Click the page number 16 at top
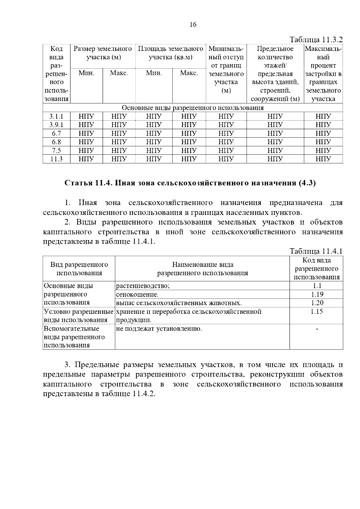(193, 25)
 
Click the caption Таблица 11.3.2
(316, 40)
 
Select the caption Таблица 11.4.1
(316, 251)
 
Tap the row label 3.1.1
(56, 117)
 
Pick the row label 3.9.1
(56, 125)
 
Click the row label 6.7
(56, 133)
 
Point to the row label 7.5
(56, 150)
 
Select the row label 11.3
(56, 159)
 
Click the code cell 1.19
(316, 294)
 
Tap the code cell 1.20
(316, 303)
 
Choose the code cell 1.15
(316, 311)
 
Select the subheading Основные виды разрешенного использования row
(193, 108)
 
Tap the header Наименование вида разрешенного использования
(202, 269)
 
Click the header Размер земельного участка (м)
(103, 53)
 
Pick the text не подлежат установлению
(159, 329)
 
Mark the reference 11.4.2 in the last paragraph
(143, 394)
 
